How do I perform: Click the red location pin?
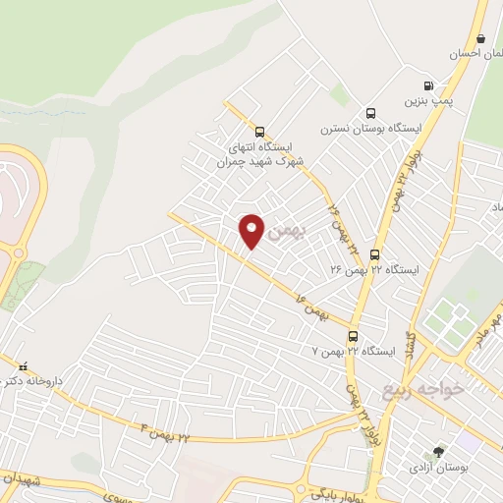point(252,229)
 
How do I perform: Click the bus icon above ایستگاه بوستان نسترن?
point(370,113)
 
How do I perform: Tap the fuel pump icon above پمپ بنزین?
point(427,85)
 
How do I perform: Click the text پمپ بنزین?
point(427,100)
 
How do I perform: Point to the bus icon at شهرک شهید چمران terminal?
point(259,132)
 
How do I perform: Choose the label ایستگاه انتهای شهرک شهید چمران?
point(260,154)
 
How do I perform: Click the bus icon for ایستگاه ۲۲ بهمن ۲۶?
point(374,254)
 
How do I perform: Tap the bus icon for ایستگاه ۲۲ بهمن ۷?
point(352,335)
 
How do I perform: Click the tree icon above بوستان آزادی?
point(438,452)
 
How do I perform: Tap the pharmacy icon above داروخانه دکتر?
point(22,365)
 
